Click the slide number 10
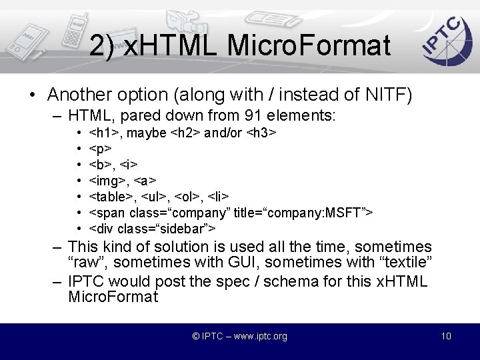tap(446, 336)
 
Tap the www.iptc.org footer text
tap(256, 336)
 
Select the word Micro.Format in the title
tap(308, 45)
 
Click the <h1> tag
tap(105, 133)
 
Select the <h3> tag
tap(261, 133)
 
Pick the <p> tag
tap(99, 149)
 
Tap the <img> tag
tap(109, 180)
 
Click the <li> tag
tap(219, 196)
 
